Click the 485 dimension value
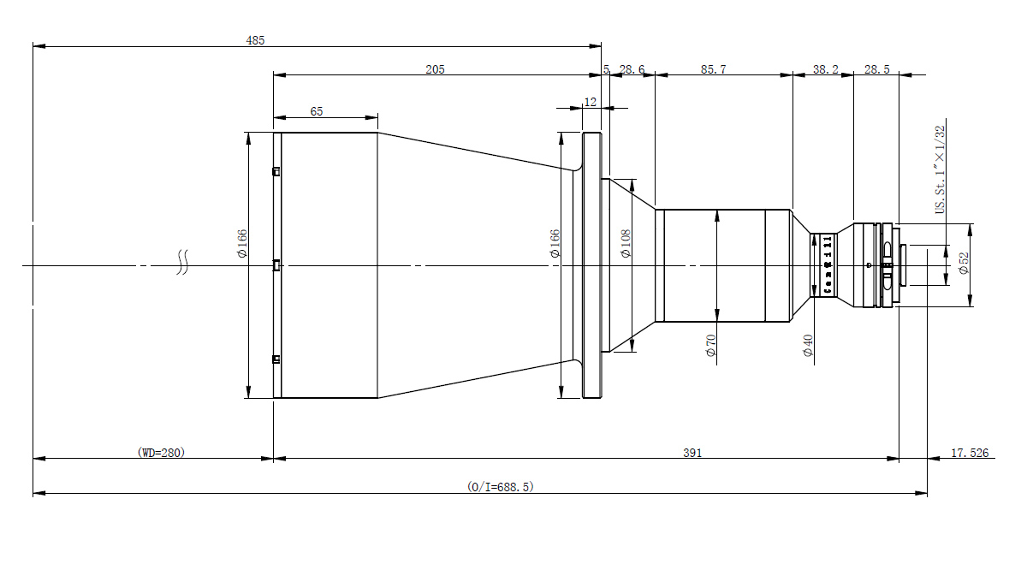coord(255,39)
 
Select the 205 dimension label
coord(435,69)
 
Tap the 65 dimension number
coord(316,111)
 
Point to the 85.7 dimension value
coord(713,69)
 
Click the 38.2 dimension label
coord(824,69)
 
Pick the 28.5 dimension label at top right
coord(877,69)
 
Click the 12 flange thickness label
coord(591,101)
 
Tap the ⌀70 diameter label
coord(710,346)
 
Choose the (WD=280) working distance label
coord(161,452)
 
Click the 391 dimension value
coord(692,453)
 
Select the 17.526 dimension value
coord(970,453)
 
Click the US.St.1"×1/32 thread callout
coord(940,170)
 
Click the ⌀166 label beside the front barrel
coord(242,243)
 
